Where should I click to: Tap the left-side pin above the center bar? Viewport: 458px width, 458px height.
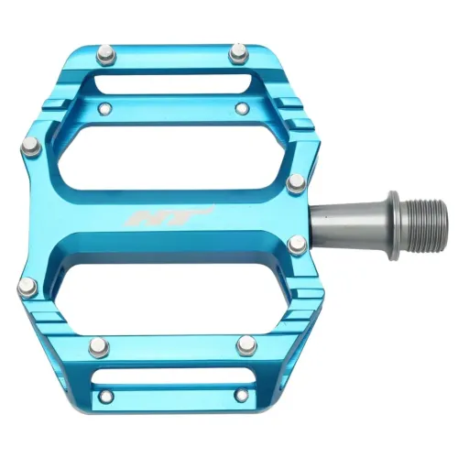pos(29,144)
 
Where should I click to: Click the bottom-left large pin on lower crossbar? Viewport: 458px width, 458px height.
pos(99,347)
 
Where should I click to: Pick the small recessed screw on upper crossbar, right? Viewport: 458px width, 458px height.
pos(242,108)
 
